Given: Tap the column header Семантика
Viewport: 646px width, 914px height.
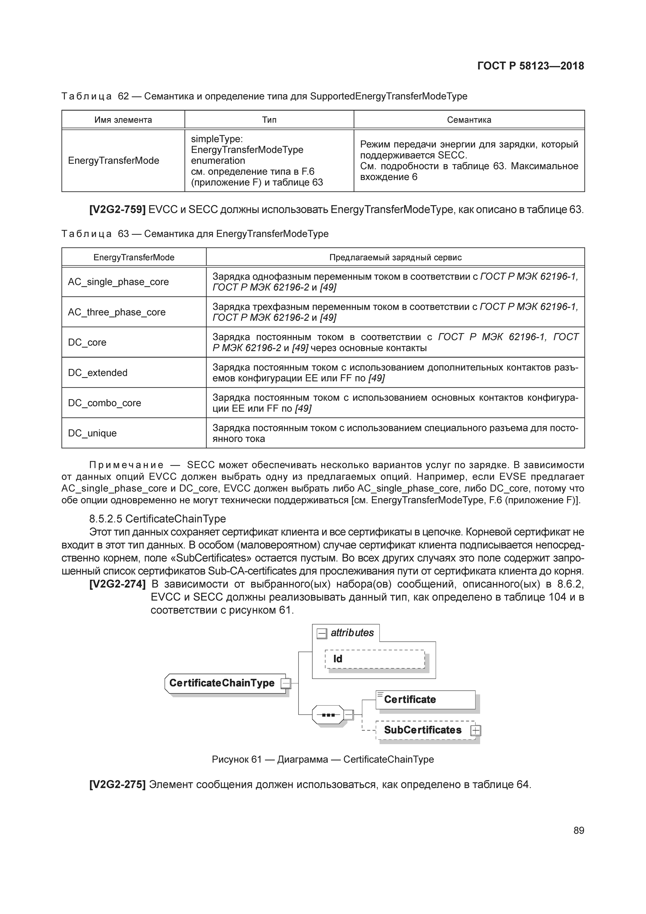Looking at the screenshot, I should tap(469, 120).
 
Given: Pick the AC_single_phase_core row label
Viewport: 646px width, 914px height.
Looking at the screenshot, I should tap(118, 282).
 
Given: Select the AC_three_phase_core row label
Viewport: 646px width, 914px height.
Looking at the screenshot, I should tap(117, 312).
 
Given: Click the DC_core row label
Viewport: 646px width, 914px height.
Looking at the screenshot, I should tap(87, 342).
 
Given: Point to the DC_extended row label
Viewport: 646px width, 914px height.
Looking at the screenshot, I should tap(97, 373).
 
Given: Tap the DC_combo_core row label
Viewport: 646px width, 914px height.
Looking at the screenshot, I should tap(104, 403).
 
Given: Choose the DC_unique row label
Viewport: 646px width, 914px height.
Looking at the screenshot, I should tap(92, 433).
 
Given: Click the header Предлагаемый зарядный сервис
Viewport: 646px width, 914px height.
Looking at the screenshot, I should tap(395, 258).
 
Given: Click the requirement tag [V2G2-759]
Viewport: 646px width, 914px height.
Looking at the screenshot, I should tap(117, 209).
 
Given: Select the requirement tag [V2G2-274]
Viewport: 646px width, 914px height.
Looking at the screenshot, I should tap(117, 584).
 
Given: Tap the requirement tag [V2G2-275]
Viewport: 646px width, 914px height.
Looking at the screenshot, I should tap(117, 785).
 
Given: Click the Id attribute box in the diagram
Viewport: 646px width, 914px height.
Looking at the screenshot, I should tap(375, 659).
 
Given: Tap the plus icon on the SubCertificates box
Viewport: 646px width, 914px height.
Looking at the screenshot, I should tap(475, 731).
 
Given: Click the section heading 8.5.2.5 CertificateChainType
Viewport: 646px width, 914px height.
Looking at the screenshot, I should tap(157, 519).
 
